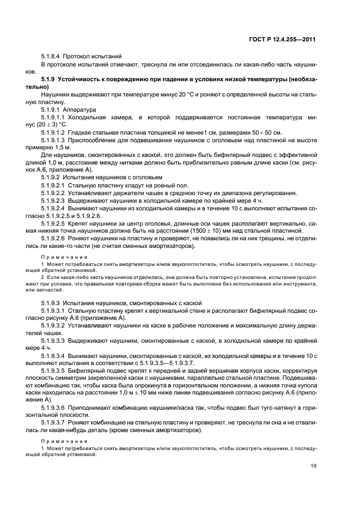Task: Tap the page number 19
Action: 313,465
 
